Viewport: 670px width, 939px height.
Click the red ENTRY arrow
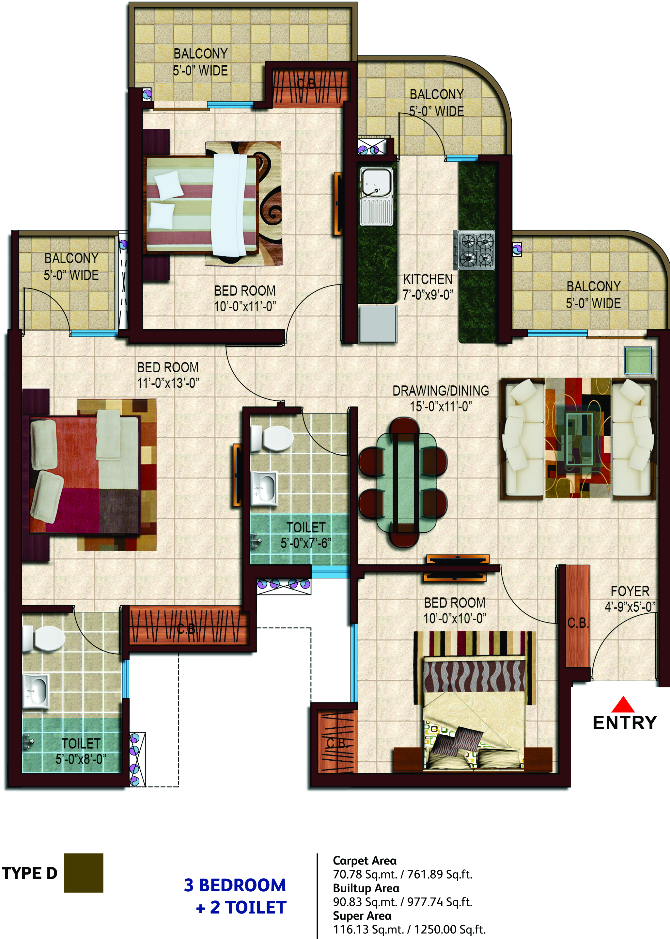coord(623,704)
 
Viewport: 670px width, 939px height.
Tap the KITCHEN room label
coord(428,280)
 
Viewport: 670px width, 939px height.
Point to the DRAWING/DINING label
coord(441,391)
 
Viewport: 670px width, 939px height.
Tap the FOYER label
coord(630,591)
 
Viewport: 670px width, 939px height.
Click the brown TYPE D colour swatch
coord(84,873)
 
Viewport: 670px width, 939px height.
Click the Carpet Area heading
coord(365,861)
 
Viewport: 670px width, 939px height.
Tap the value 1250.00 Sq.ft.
coord(450,929)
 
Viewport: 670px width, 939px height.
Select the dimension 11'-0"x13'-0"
coord(168,383)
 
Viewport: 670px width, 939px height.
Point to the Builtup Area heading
coord(366,888)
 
